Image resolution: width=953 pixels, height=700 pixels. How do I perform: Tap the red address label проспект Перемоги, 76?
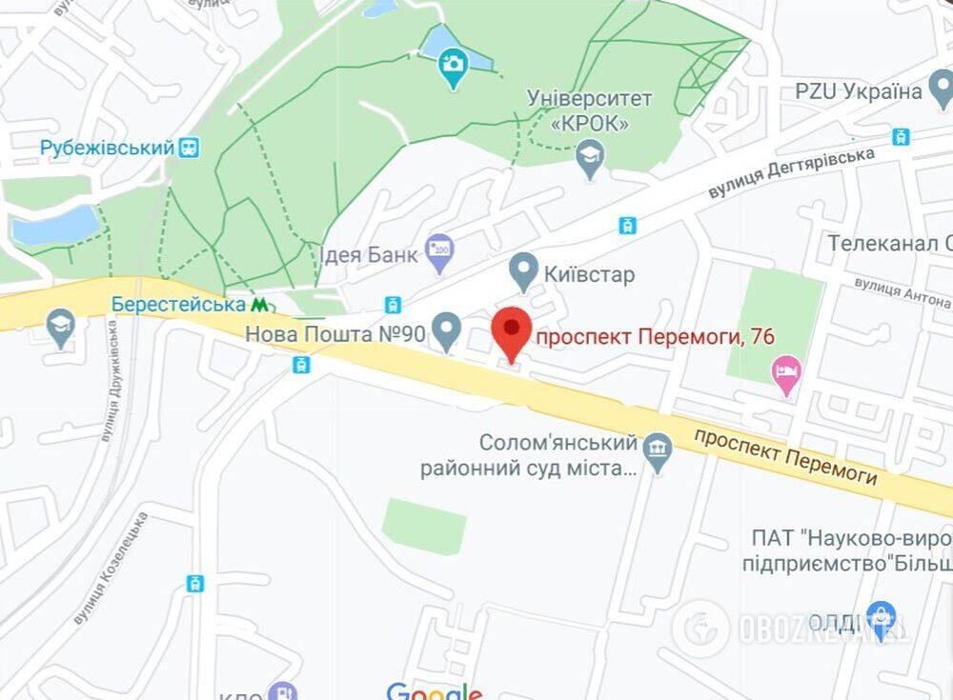[x=655, y=336]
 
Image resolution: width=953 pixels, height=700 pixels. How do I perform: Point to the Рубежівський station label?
[x=107, y=148]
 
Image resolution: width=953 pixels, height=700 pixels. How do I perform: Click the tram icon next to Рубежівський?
[x=190, y=148]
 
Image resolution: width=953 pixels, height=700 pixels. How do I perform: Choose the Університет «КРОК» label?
[x=591, y=110]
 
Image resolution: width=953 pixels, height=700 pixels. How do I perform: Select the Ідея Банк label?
[x=367, y=255]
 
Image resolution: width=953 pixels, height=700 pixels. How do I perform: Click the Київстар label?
[x=589, y=274]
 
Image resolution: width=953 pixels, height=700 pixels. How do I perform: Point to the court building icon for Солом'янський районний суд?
[x=658, y=447]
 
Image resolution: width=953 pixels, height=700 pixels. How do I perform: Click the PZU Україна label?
[x=859, y=91]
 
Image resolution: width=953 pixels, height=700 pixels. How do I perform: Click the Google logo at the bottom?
[x=434, y=690]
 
